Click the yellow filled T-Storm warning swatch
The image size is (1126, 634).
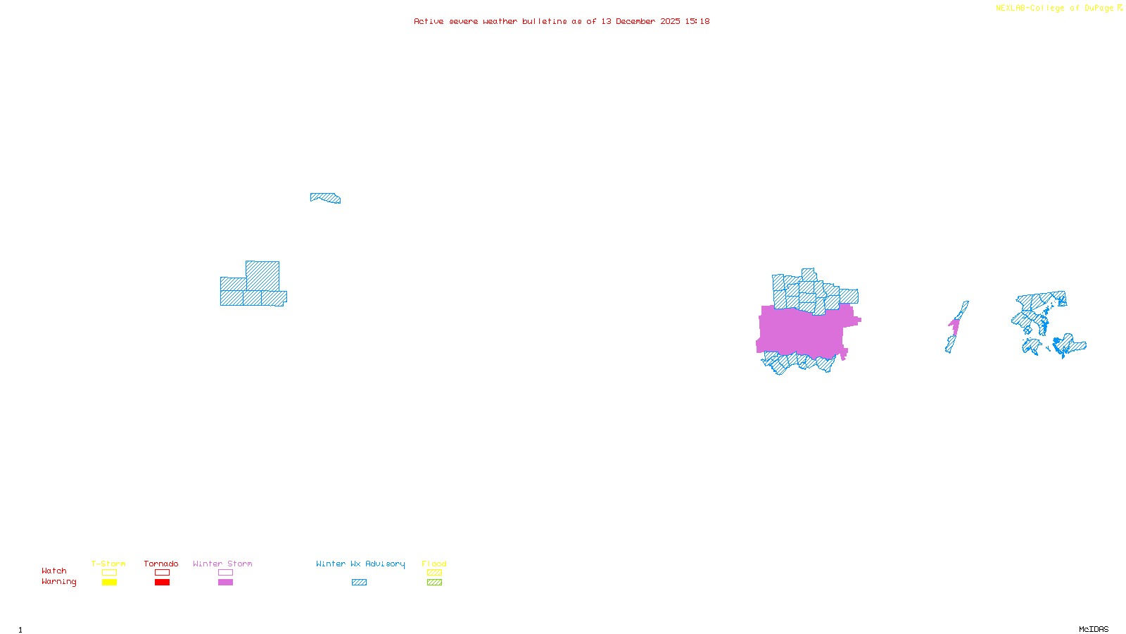coord(109,583)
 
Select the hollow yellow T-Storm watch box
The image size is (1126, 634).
coord(109,573)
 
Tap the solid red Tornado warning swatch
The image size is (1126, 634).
coord(162,583)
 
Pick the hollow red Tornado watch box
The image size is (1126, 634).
coord(162,573)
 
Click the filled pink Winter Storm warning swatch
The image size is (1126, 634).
coord(225,583)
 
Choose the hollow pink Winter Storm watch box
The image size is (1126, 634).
coord(225,573)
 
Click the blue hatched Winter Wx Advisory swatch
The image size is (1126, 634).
coord(359,583)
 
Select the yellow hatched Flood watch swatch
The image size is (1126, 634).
coord(434,573)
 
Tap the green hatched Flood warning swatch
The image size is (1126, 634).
coord(434,583)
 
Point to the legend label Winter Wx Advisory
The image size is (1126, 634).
coord(360,564)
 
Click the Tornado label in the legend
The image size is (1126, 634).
coord(161,564)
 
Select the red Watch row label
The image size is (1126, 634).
coord(54,571)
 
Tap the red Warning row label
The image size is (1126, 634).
coord(59,582)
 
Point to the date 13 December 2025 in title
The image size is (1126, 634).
coord(640,21)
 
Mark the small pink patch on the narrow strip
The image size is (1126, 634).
coord(954,325)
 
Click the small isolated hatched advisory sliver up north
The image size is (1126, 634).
coord(326,198)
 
